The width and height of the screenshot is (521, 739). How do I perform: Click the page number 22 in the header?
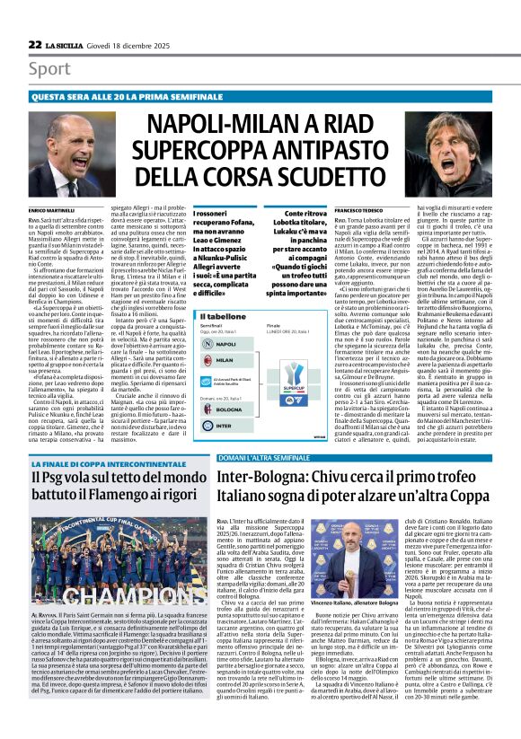click(x=34, y=44)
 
